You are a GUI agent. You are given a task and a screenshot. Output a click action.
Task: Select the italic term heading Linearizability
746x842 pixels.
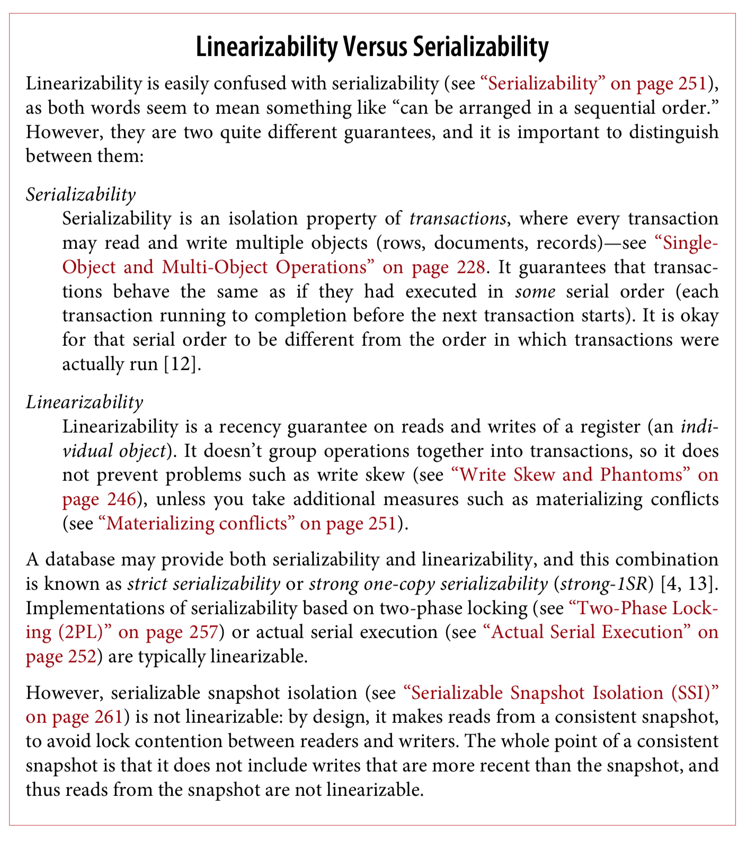[84, 402]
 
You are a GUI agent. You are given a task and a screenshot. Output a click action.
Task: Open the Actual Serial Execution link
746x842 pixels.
[588, 632]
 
